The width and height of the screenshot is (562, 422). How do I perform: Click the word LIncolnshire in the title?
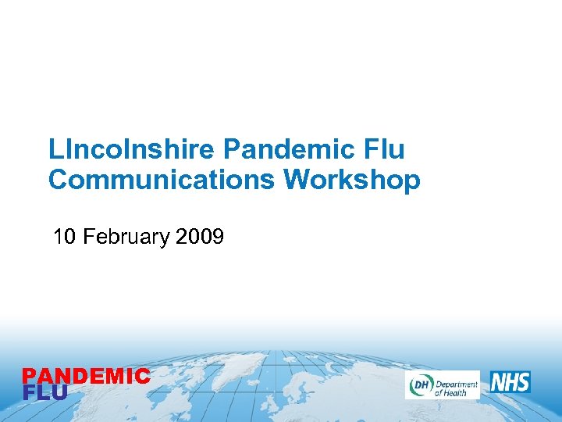(x=133, y=148)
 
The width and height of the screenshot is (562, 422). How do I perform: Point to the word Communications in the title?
(x=162, y=180)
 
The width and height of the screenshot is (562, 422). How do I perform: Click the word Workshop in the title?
(x=352, y=180)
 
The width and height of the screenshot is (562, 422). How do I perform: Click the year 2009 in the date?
(x=201, y=236)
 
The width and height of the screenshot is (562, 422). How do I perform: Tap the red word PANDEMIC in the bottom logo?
(x=86, y=377)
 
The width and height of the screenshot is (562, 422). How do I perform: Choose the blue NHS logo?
(x=510, y=382)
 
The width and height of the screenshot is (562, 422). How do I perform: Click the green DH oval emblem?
(x=420, y=384)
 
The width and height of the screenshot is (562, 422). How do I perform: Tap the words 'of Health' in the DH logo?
(x=450, y=392)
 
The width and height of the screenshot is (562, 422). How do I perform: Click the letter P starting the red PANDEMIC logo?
(x=29, y=377)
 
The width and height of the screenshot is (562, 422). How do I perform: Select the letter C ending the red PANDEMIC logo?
(x=142, y=377)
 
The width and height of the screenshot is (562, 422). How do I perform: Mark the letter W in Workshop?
(x=298, y=180)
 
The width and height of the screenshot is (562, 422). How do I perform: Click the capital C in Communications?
(x=58, y=180)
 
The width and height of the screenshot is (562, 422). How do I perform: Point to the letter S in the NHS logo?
(x=522, y=382)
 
